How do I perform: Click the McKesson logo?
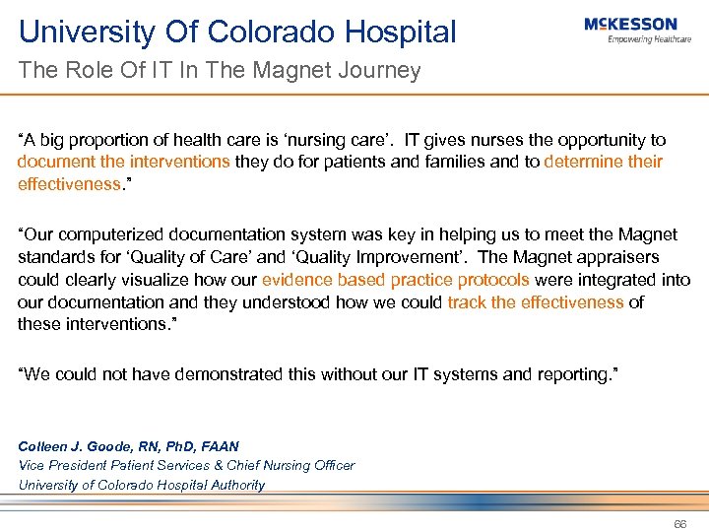coord(630,24)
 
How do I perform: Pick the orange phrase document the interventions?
coord(124,162)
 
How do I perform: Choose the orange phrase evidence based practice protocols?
coord(396,280)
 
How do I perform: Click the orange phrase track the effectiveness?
coord(536,301)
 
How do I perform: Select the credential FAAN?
coord(219,446)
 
